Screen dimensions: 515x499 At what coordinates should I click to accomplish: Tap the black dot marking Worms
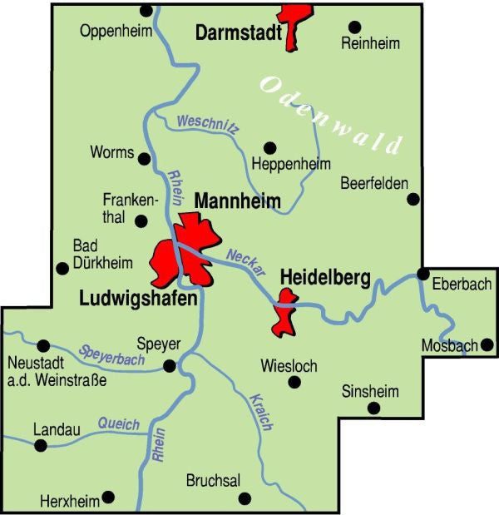(144, 157)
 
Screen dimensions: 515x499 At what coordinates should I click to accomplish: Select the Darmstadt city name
(237, 33)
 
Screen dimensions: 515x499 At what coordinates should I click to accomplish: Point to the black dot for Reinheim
(355, 27)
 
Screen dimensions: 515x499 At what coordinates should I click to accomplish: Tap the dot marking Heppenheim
(269, 147)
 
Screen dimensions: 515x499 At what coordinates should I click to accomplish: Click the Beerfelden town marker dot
(413, 199)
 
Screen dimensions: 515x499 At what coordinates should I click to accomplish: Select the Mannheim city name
(237, 201)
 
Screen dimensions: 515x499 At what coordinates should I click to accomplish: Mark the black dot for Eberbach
(422, 274)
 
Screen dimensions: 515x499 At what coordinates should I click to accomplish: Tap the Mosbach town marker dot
(487, 344)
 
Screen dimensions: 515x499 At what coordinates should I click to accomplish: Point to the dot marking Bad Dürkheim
(61, 268)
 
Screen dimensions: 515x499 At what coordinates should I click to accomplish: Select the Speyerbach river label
(112, 354)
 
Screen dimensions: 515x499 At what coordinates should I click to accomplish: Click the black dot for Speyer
(170, 365)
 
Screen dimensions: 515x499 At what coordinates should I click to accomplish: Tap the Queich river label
(118, 424)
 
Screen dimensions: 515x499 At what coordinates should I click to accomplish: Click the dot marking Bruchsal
(245, 498)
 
